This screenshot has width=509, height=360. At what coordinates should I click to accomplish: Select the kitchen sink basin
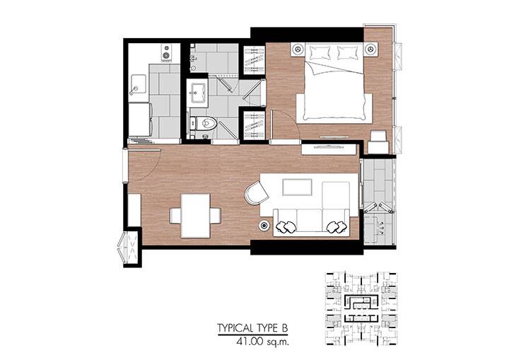point(139,83)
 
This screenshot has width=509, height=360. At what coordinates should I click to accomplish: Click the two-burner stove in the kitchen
point(166,52)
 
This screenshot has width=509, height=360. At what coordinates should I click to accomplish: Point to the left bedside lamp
point(298,50)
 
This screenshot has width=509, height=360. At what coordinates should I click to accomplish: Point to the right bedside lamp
point(370,50)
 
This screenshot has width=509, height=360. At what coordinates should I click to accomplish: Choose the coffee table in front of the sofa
point(298,187)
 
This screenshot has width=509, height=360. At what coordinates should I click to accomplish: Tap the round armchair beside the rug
point(257,193)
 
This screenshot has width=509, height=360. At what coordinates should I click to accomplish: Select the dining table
point(196,216)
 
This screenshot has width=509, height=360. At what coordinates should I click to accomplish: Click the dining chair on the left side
point(175,216)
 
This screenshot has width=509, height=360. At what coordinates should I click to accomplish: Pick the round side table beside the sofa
point(264,225)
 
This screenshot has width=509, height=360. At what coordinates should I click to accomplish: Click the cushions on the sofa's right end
point(336,227)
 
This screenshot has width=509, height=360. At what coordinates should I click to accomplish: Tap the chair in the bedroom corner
point(378,141)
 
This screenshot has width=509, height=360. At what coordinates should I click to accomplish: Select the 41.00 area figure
point(250,342)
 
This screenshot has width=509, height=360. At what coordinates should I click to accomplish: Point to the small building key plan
point(361,308)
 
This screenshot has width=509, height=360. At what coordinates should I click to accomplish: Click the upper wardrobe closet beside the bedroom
point(255,60)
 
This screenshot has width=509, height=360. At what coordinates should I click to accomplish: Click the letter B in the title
point(283,328)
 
